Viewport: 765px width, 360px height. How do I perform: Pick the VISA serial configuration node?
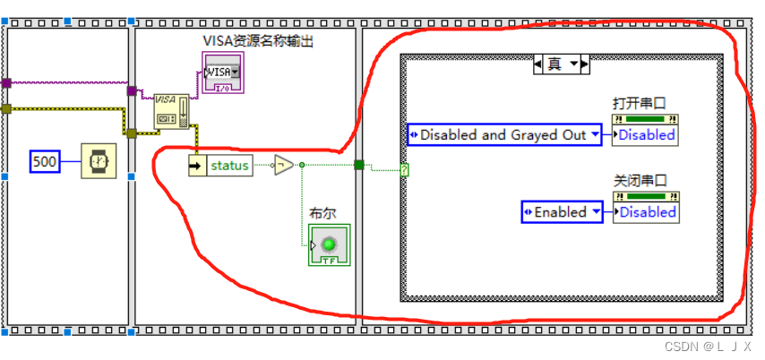point(170,110)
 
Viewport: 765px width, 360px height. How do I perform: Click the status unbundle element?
point(228,166)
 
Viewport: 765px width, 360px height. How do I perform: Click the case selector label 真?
point(555,64)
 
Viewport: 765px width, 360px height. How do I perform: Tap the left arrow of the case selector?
point(539,64)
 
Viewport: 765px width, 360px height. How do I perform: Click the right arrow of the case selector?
point(584,64)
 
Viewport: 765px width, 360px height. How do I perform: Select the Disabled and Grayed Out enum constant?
point(504,135)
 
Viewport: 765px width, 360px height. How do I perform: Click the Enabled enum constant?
point(561,212)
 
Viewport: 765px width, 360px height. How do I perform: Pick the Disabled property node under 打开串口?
point(646,135)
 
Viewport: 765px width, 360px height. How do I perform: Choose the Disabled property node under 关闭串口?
point(646,212)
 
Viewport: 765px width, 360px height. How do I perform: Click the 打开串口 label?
point(639,102)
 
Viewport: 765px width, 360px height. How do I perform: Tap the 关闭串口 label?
point(639,179)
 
